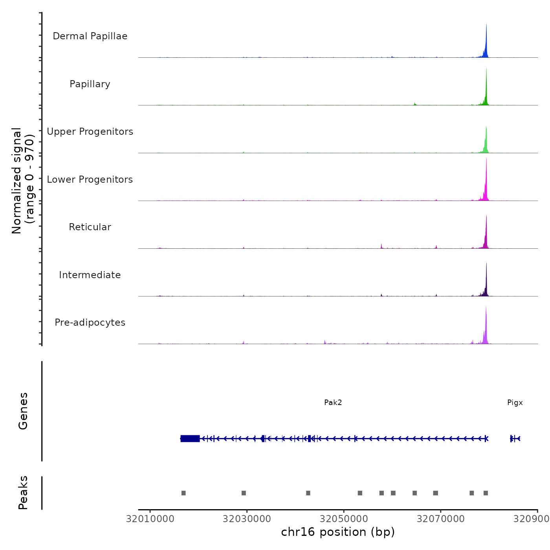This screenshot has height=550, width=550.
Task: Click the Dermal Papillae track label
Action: [x=90, y=36]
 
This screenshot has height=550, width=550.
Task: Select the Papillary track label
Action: [x=90, y=84]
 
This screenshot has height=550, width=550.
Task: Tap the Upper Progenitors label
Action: [x=90, y=132]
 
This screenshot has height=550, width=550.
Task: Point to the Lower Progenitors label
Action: [x=90, y=180]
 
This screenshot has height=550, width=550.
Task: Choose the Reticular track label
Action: [x=90, y=227]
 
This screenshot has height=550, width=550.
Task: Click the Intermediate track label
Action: [x=90, y=275]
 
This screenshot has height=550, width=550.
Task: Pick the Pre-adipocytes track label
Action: [x=90, y=323]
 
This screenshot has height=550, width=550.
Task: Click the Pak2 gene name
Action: [x=333, y=403]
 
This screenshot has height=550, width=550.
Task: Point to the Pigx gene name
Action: [x=515, y=403]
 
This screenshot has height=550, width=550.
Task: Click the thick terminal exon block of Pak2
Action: [x=190, y=438]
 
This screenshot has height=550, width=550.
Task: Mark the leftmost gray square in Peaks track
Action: [x=183, y=493]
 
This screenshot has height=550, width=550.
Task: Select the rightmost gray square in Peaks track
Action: [x=486, y=493]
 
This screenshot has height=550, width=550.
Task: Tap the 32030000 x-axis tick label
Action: [x=247, y=519]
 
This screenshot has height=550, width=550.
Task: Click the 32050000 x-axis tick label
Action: [x=344, y=519]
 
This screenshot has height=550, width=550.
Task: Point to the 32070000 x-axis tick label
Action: [x=440, y=519]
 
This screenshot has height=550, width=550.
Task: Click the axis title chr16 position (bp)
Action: [x=338, y=532]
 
